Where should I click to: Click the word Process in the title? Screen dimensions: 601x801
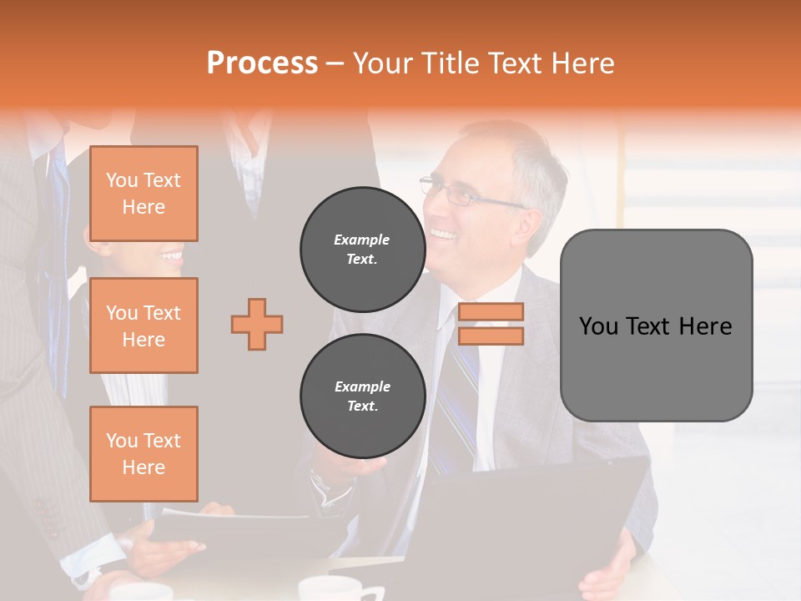coord(262,63)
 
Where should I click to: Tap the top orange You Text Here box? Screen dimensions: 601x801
coord(144,194)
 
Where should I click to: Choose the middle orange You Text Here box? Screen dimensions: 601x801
coord(144,326)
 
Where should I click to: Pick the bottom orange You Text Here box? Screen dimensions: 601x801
coord(144,453)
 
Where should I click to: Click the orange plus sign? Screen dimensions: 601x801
coord(257,324)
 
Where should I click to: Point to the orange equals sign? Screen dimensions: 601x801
coord(491,324)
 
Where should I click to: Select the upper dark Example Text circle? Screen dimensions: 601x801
coord(362,249)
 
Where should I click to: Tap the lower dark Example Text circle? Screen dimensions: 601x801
coord(362,396)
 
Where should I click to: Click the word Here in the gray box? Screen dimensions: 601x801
coord(705,326)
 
